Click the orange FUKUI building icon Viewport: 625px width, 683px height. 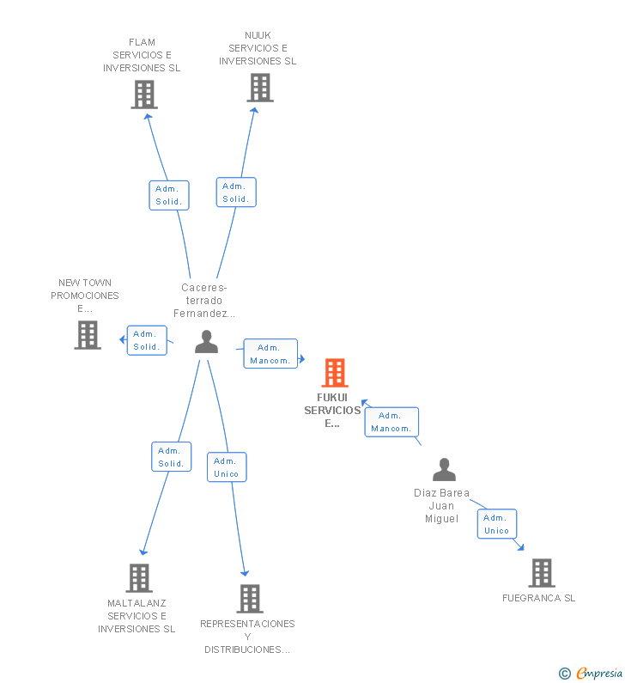[x=335, y=372]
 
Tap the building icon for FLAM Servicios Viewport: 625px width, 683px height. [x=144, y=95]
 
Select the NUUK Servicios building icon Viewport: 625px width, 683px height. [x=260, y=87]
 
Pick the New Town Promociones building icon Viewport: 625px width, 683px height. [x=88, y=334]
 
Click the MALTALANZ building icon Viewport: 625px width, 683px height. [x=139, y=578]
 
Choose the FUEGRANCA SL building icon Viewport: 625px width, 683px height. [x=542, y=573]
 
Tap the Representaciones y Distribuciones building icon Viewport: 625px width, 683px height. [x=250, y=599]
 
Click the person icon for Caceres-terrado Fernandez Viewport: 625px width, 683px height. [x=206, y=342]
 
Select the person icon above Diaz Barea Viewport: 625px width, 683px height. [x=444, y=469]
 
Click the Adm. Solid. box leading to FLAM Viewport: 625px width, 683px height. [x=169, y=195]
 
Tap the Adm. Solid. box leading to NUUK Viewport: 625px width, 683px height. [x=236, y=192]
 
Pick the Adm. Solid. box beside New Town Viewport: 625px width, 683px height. [x=147, y=340]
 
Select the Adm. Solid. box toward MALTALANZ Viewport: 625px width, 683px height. [x=172, y=457]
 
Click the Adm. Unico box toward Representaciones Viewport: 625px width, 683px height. [x=227, y=467]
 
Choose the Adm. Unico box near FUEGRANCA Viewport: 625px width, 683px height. [x=497, y=524]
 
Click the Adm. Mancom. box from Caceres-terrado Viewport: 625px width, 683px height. [x=270, y=354]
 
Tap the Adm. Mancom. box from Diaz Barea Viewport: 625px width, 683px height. [x=391, y=422]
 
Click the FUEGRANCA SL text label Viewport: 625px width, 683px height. [x=539, y=598]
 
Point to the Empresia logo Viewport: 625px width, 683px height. [x=591, y=674]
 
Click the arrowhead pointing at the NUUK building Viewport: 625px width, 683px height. [x=255, y=110]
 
